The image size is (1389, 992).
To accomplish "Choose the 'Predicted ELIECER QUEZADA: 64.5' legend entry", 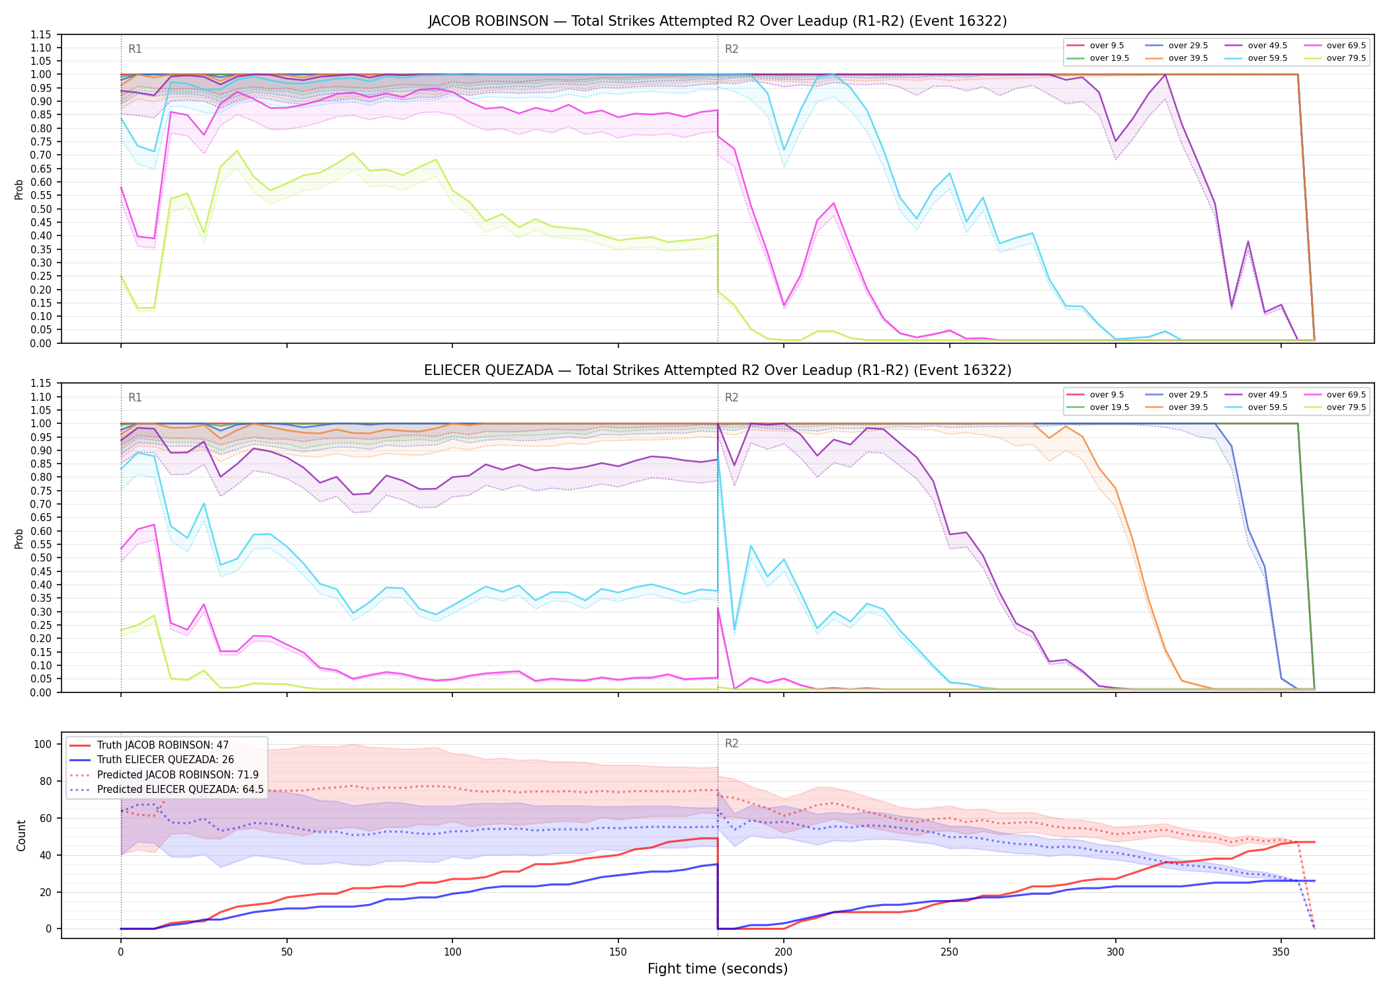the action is (x=166, y=789).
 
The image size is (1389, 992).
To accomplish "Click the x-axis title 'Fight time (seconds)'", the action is (x=718, y=969).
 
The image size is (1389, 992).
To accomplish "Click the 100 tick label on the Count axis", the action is (x=43, y=744).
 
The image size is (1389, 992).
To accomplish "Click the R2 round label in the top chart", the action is (x=732, y=49).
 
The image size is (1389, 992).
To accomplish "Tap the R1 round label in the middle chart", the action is (x=135, y=397).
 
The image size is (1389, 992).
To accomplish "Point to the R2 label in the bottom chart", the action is (x=732, y=743).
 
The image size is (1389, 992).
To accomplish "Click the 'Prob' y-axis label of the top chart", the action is (x=19, y=189).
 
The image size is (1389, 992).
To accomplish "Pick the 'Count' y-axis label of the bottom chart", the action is (x=21, y=835).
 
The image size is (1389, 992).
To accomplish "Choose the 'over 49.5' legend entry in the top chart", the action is (x=1256, y=46).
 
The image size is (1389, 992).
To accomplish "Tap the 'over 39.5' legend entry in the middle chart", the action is (x=1177, y=407).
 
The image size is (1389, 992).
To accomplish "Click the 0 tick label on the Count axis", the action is (x=48, y=929).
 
